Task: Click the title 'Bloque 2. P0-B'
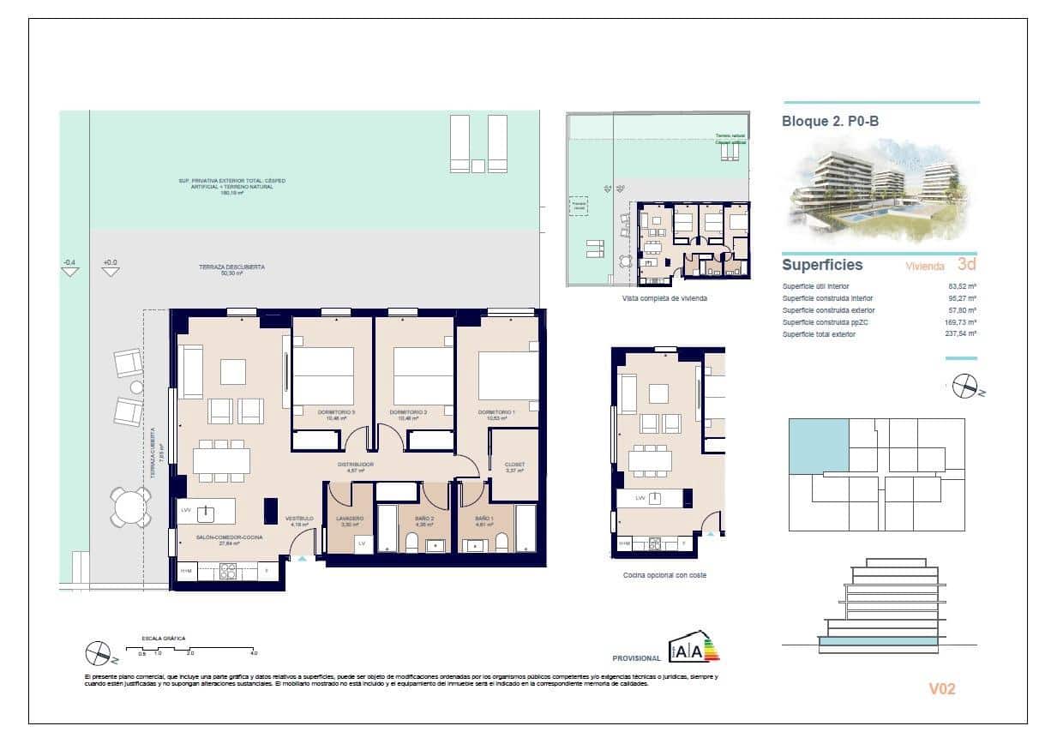click(x=830, y=122)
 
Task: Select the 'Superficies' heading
click(x=822, y=266)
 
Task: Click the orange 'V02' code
click(x=941, y=688)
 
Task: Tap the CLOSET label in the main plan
click(x=514, y=465)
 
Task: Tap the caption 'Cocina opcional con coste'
click(x=664, y=575)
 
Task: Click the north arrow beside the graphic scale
click(x=99, y=654)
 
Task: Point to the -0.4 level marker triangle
click(x=70, y=271)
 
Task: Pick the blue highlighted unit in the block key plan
click(x=818, y=447)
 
